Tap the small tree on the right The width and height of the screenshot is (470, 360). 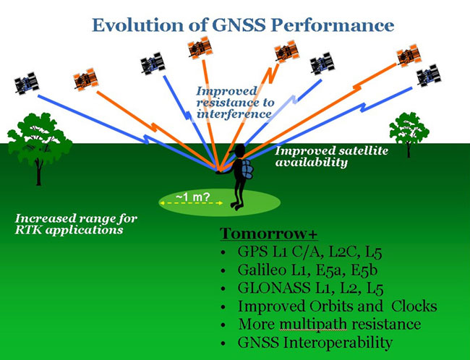(409, 132)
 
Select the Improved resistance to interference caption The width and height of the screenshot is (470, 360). (234, 102)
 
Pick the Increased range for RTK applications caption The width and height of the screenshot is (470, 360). (77, 224)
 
